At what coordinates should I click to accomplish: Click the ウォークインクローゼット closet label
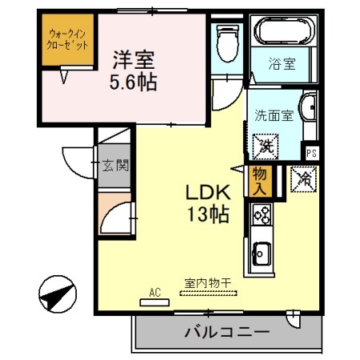(67, 40)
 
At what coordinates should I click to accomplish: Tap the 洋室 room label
(133, 60)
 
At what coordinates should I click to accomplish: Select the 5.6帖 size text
(133, 81)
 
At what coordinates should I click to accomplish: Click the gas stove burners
(262, 214)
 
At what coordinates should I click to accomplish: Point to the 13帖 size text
(209, 214)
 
